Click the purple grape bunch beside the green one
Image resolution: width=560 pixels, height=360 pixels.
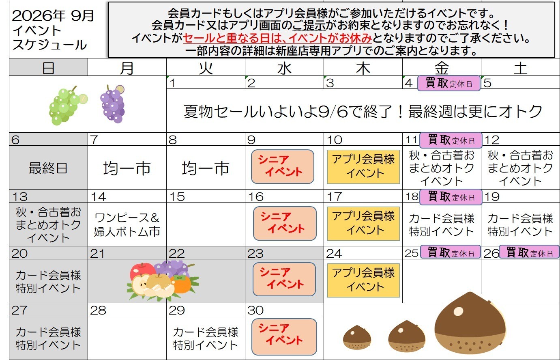tap(112, 104)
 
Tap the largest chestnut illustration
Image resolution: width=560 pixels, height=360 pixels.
tap(470, 323)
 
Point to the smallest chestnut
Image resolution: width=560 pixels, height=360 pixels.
tap(357, 337)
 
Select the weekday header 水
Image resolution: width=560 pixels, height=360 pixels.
tap(284, 68)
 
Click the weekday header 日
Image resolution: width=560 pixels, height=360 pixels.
tap(48, 68)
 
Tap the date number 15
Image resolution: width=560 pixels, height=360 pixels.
tap(177, 196)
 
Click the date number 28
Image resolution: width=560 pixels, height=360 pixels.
tap(98, 310)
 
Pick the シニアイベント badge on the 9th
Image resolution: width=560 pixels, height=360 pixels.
tap(283, 167)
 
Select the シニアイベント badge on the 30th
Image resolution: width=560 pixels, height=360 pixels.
tap(284, 337)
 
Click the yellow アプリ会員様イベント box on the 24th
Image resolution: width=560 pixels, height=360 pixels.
tap(363, 280)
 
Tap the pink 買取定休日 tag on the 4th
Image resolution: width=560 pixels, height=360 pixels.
tap(449, 83)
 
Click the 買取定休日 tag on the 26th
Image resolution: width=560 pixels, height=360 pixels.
tap(529, 252)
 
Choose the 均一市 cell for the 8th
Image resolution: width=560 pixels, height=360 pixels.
tap(206, 168)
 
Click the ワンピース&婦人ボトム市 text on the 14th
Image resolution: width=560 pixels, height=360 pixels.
tap(127, 225)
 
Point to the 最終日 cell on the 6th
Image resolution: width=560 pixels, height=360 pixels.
tap(48, 168)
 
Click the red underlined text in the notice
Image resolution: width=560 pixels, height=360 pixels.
tap(277, 38)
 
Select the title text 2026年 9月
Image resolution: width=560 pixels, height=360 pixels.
tap(53, 15)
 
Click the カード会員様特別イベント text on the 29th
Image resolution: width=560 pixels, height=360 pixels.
tap(206, 338)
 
